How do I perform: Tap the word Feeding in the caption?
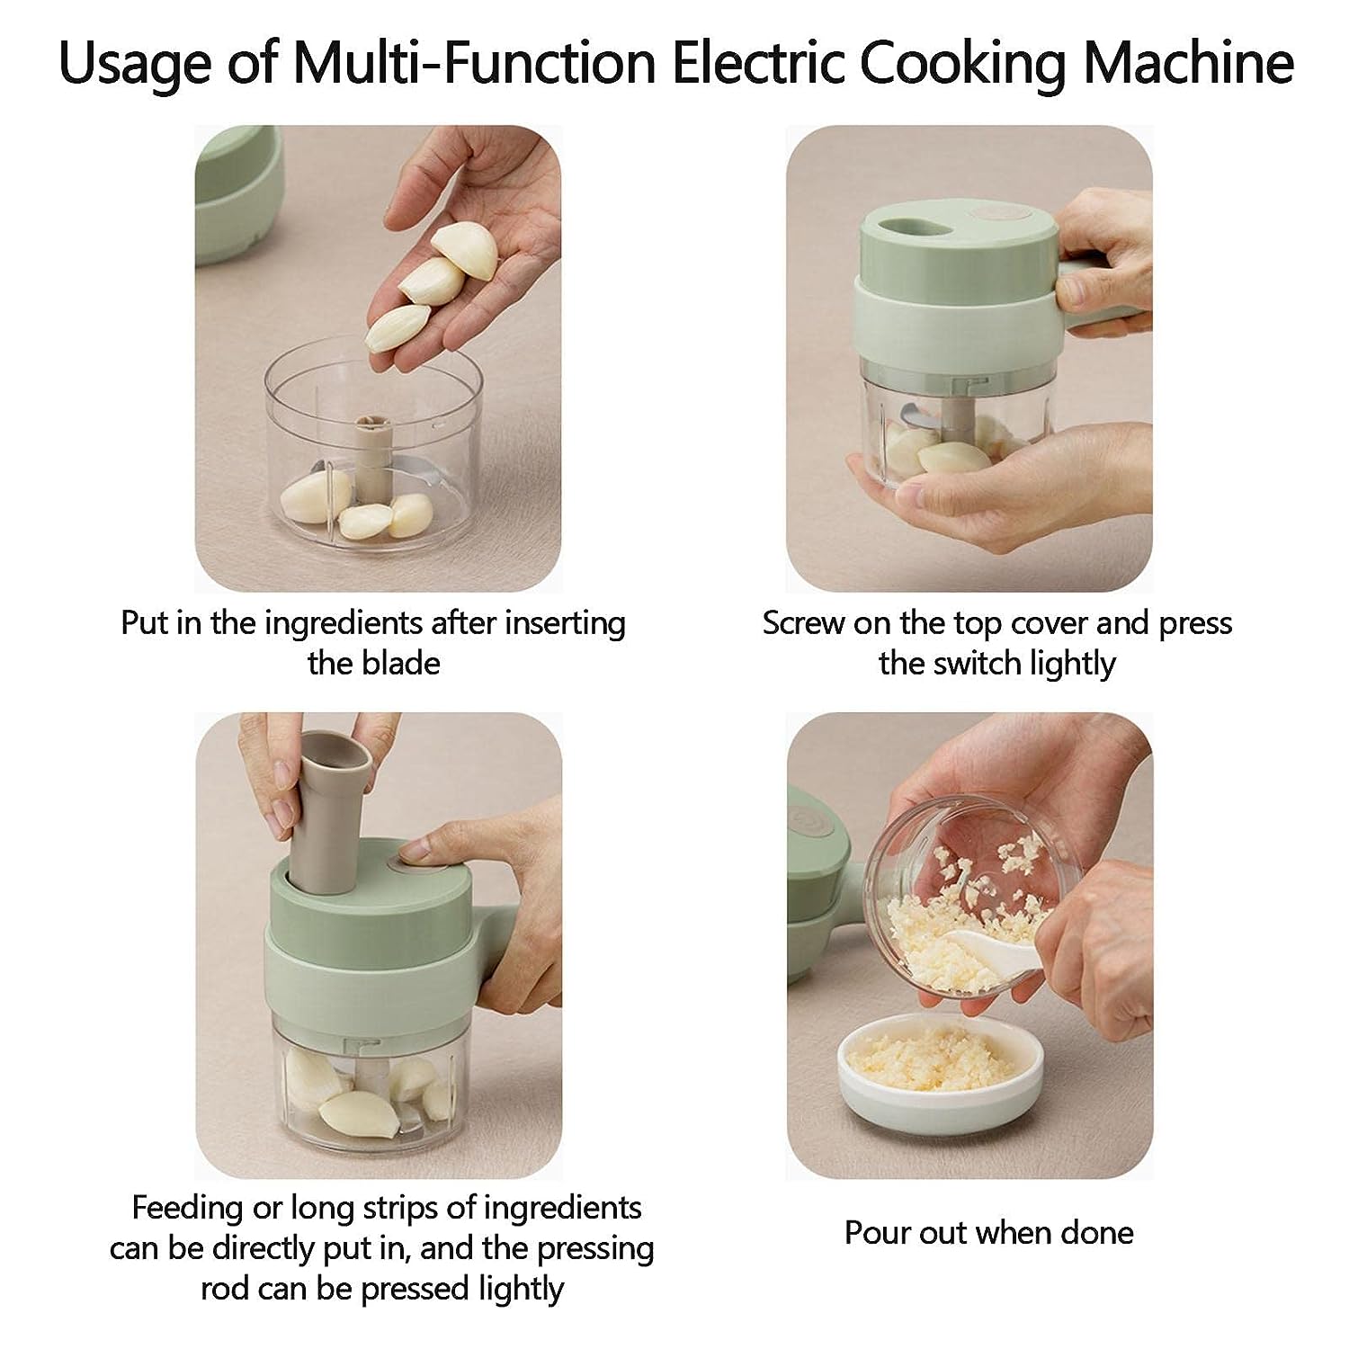tap(188, 1209)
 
